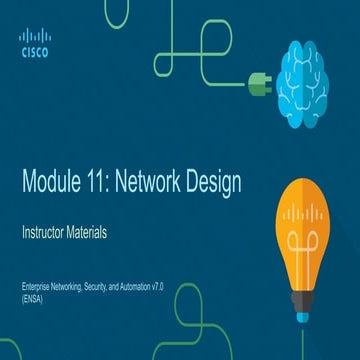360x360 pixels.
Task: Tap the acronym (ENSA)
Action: (x=31, y=298)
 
